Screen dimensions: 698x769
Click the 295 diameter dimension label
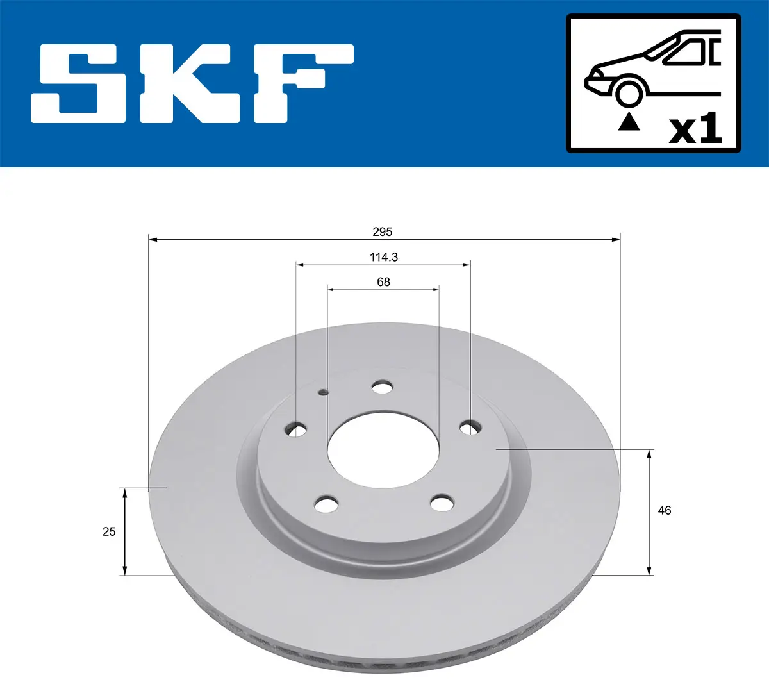pyautogui.click(x=383, y=232)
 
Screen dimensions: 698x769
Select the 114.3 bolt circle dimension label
pyautogui.click(x=383, y=257)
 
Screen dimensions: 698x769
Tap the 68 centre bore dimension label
pyautogui.click(x=383, y=282)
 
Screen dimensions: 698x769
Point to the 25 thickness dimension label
pyautogui.click(x=109, y=531)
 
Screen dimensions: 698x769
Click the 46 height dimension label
pyautogui.click(x=665, y=510)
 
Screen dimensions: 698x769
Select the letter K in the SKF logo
pyautogui.click(x=186, y=83)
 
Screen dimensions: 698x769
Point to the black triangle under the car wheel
pyautogui.click(x=629, y=121)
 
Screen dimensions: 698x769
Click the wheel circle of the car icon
pyautogui.click(x=629, y=92)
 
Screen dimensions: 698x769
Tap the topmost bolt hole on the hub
pyautogui.click(x=383, y=387)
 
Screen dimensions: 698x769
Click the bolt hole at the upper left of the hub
pyautogui.click(x=296, y=429)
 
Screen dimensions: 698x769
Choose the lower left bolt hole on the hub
pyautogui.click(x=327, y=504)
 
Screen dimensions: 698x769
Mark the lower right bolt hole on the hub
pyautogui.click(x=442, y=503)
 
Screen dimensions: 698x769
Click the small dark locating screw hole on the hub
pyautogui.click(x=323, y=392)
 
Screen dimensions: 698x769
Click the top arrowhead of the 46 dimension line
pyautogui.click(x=649, y=454)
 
